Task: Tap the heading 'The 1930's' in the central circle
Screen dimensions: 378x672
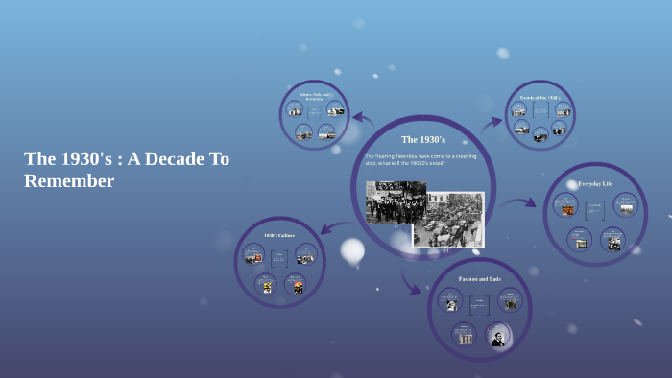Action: click(423, 140)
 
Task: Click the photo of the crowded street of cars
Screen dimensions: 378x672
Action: click(449, 221)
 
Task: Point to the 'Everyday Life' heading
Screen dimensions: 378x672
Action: click(594, 183)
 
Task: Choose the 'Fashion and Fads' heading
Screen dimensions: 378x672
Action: click(479, 278)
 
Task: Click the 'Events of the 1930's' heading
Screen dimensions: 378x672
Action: click(540, 98)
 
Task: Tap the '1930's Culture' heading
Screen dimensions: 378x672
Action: click(279, 235)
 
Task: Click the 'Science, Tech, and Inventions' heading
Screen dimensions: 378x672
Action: click(314, 96)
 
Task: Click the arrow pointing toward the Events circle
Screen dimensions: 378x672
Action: click(491, 122)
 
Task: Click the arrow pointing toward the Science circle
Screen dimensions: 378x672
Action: click(363, 119)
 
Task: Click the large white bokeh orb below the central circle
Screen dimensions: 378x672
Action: click(352, 250)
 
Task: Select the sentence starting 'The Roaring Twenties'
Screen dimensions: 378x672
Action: click(420, 160)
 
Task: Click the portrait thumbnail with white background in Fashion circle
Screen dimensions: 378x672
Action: click(498, 337)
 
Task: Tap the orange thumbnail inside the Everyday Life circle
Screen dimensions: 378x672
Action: click(566, 209)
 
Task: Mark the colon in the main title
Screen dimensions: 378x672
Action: click(118, 159)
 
